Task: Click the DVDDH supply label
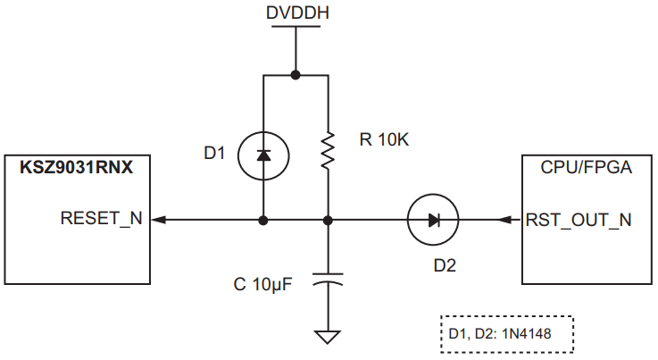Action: (296, 13)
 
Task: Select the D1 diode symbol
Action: (262, 155)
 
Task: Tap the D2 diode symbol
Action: (432, 219)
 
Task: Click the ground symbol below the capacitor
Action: (329, 338)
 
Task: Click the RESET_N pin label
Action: (101, 219)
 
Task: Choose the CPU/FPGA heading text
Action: (582, 167)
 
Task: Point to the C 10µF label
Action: (263, 284)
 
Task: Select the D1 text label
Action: (215, 154)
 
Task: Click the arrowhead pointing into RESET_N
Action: (159, 219)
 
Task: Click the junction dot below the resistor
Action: (329, 219)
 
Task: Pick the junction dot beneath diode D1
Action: (262, 219)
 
